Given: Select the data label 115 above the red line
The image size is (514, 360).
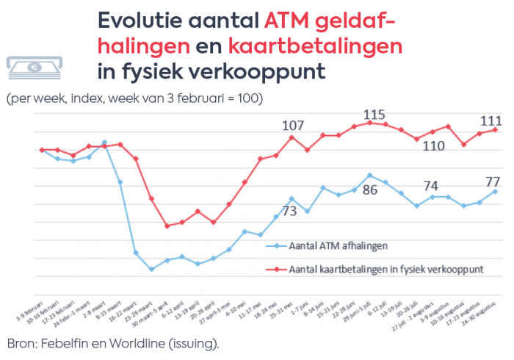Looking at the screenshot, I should click(374, 115).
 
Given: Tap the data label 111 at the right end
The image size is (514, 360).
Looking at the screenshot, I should click(491, 120).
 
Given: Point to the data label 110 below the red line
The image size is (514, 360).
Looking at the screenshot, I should click(434, 145).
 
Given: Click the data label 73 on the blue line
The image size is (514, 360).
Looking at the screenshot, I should click(290, 212).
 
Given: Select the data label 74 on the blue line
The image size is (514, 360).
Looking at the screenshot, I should click(430, 185).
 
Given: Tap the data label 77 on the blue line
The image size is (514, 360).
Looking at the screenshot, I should click(492, 181).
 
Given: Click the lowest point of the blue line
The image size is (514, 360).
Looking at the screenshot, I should click(151, 270).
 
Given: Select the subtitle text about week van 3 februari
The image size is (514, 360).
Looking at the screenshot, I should click(134, 98).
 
